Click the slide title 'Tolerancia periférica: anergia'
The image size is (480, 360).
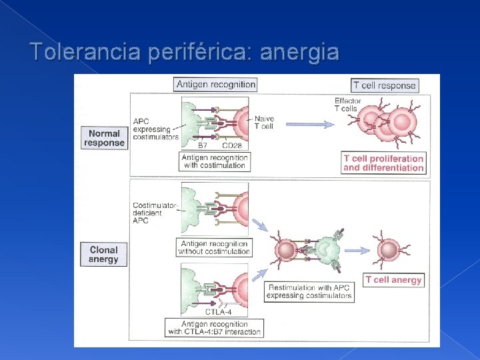click(x=185, y=51)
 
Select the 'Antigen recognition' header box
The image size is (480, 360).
click(x=215, y=84)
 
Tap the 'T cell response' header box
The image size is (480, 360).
click(x=385, y=85)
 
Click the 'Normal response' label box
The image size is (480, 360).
click(x=104, y=137)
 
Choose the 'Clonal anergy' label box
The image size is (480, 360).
click(x=103, y=255)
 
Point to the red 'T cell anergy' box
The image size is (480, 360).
click(x=393, y=280)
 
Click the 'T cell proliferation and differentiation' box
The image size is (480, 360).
click(x=383, y=163)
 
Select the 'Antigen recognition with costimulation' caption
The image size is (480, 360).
click(x=215, y=161)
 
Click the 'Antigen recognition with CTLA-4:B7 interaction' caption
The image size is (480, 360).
click(x=215, y=327)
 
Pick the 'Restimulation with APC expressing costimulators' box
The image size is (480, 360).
click(x=309, y=291)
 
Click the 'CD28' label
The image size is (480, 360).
click(x=232, y=145)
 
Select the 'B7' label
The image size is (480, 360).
click(x=203, y=145)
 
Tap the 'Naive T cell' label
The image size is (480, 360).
click(x=264, y=123)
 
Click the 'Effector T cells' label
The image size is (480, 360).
click(x=347, y=105)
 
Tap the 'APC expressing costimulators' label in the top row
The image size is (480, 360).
click(x=155, y=129)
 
